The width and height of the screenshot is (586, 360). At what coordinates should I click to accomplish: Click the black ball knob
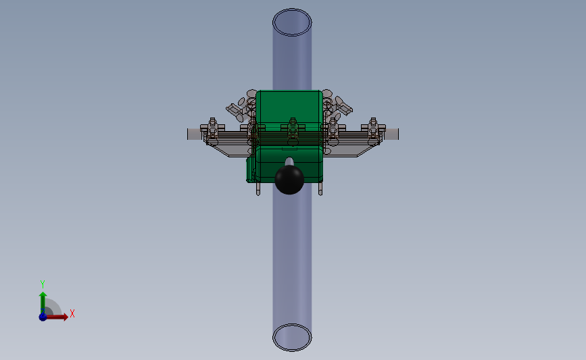pos(289,180)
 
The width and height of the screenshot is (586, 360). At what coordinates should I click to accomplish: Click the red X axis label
pos(72,313)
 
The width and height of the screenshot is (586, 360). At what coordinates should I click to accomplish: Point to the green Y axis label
pos(43,284)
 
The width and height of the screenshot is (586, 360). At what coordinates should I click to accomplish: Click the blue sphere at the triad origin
pos(43,317)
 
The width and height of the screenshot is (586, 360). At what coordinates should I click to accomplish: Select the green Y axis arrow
pos(43,302)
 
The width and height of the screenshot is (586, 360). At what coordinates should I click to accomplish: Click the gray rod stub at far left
pos(195,134)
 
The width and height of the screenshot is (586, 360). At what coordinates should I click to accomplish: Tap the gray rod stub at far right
pos(391,134)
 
